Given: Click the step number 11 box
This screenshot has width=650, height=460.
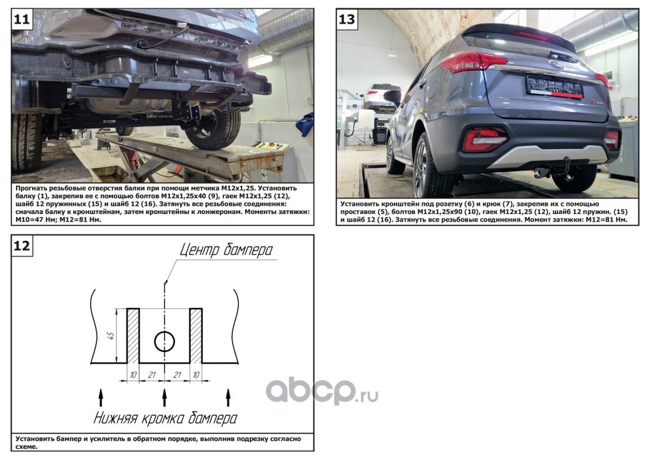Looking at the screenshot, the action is [x=22, y=19].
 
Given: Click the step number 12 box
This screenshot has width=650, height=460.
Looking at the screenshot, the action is [x=22, y=246].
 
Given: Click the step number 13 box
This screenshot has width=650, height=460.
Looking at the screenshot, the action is [x=347, y=19].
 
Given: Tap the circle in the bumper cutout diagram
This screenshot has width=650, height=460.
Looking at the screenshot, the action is [x=165, y=342].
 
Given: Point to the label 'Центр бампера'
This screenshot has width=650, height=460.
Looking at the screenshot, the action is [x=226, y=250].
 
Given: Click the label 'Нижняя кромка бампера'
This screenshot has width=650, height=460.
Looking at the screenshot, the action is [x=165, y=417].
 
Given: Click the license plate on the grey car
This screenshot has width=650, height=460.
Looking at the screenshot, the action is [x=554, y=87].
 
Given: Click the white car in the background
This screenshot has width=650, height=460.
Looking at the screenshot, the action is [x=382, y=96].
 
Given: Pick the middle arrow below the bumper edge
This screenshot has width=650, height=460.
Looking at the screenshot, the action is [x=165, y=397].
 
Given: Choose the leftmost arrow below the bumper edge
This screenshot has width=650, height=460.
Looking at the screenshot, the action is [x=100, y=397].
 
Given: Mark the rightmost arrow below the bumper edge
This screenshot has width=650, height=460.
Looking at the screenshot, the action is [x=228, y=397].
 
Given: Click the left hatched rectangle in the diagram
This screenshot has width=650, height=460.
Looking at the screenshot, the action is [x=133, y=336].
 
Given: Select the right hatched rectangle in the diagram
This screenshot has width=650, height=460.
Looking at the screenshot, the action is [x=196, y=336].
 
